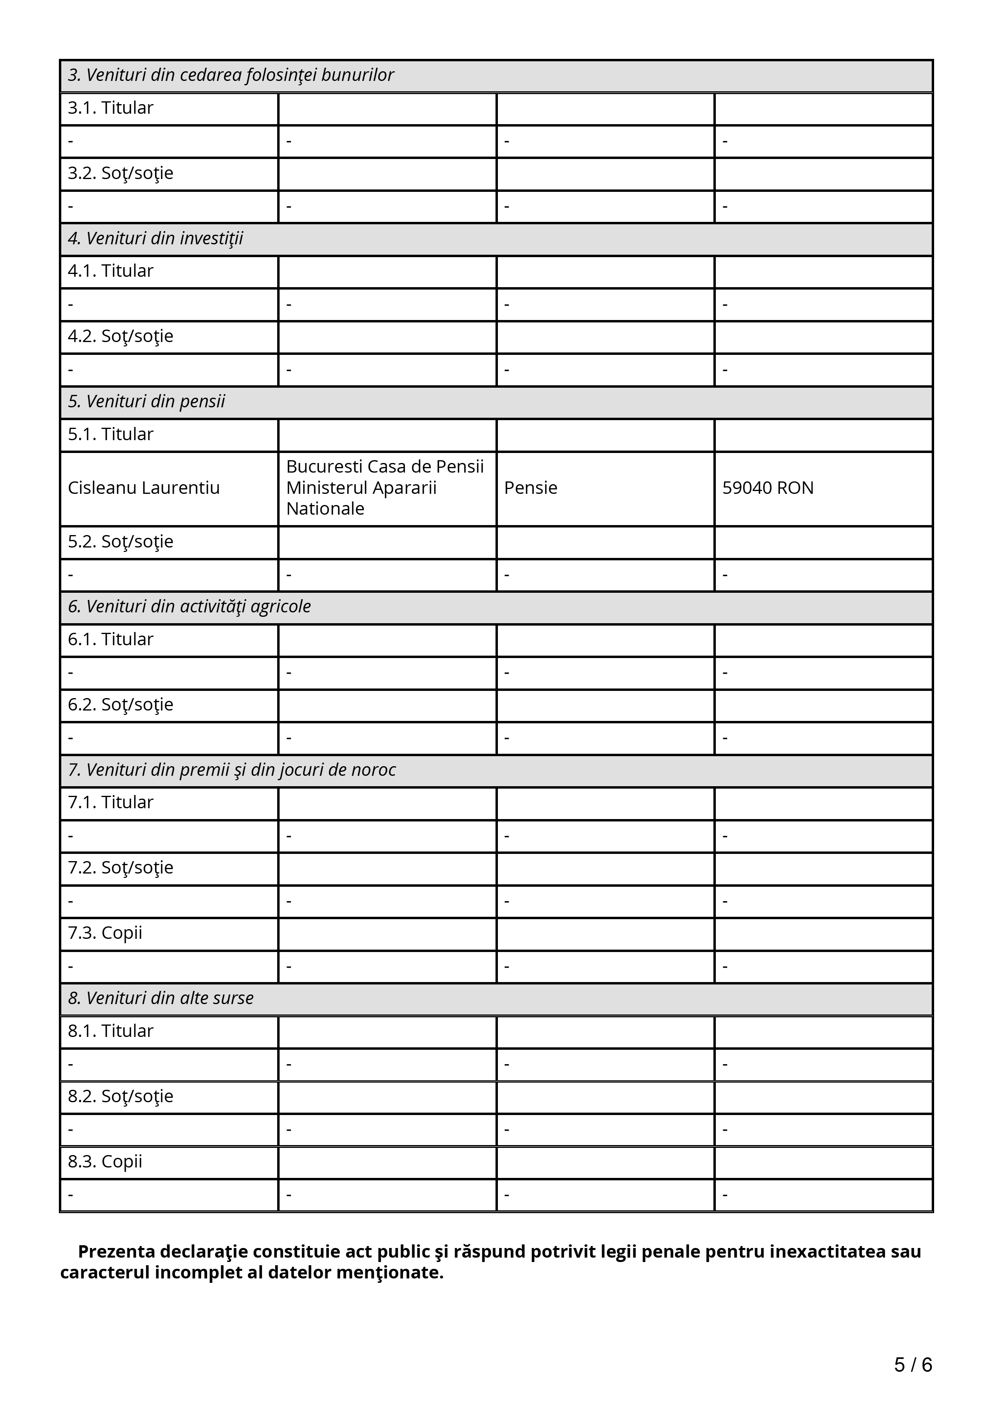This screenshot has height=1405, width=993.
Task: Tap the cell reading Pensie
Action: point(530,488)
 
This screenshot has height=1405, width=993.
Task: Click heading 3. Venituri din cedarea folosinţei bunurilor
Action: point(231,75)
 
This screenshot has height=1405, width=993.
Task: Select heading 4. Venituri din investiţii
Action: point(155,239)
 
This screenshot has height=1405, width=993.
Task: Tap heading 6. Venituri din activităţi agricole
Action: point(189,606)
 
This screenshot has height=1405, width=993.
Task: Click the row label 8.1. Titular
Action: point(110,1031)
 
